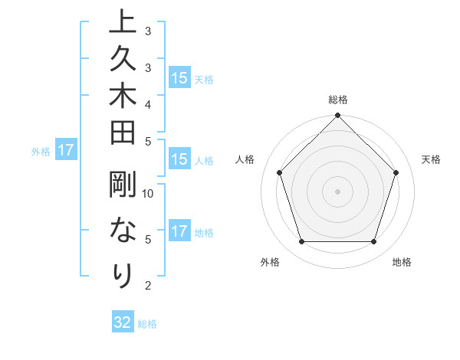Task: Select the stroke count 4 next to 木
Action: coord(148,103)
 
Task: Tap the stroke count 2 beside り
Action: coord(148,286)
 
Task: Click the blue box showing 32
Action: coord(123,322)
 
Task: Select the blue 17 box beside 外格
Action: coord(66,151)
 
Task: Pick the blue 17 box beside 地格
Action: coord(179,231)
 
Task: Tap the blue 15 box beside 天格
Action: coord(179,78)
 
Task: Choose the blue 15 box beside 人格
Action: coord(179,160)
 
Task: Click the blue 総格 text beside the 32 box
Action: coord(147,324)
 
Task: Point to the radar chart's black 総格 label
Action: coord(338,100)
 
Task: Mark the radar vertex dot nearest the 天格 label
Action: coord(396,172)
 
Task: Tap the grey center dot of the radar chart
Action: coord(337,191)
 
